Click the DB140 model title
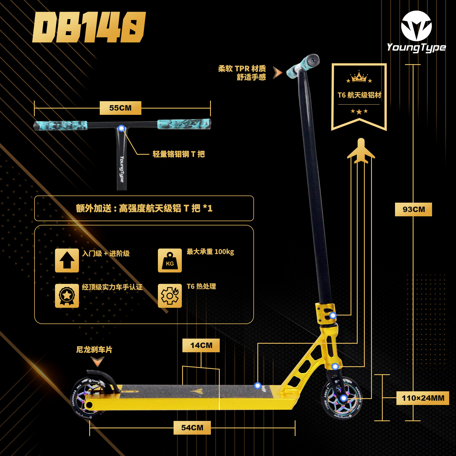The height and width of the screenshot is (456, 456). (x=89, y=27)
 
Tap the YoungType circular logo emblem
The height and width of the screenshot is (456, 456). (x=416, y=26)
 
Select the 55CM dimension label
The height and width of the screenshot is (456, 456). (x=120, y=108)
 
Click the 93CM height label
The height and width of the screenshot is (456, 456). (x=413, y=209)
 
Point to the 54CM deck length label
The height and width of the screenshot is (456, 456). (x=192, y=427)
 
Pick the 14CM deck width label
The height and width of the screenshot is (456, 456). (x=201, y=345)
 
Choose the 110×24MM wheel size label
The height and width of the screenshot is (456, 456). (x=423, y=398)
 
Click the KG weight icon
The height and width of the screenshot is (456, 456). (x=170, y=260)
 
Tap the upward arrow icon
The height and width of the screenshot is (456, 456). (x=67, y=260)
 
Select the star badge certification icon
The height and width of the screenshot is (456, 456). (x=67, y=296)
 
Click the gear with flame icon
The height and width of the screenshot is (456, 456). (x=170, y=296)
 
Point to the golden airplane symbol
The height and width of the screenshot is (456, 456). (x=361, y=151)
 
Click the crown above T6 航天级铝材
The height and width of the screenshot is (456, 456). (x=359, y=77)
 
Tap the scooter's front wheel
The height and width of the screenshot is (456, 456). (x=342, y=398)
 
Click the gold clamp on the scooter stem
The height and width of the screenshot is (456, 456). (x=325, y=313)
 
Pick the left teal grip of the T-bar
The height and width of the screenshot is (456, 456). (x=60, y=125)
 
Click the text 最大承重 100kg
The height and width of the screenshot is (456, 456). (x=210, y=252)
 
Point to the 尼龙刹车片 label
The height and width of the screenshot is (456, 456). (x=94, y=350)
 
